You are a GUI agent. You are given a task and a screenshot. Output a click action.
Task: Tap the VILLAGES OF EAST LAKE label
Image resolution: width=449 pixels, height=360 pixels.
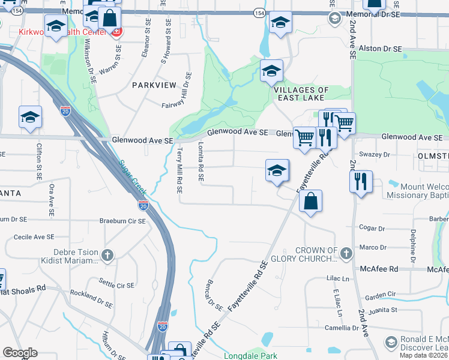pos(301,94)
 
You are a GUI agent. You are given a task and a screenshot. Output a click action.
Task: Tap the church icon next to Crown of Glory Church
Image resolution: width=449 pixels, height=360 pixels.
pos(346,254)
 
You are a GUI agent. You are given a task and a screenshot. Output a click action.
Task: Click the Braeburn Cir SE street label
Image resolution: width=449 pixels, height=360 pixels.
pos(122,221)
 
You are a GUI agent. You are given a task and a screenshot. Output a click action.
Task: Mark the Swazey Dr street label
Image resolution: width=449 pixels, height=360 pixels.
pos(374,155)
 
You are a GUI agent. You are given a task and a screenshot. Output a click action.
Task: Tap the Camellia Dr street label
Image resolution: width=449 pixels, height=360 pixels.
pos(343,328)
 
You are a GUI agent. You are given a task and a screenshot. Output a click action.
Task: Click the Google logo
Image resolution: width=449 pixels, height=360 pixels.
pos(20,353)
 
